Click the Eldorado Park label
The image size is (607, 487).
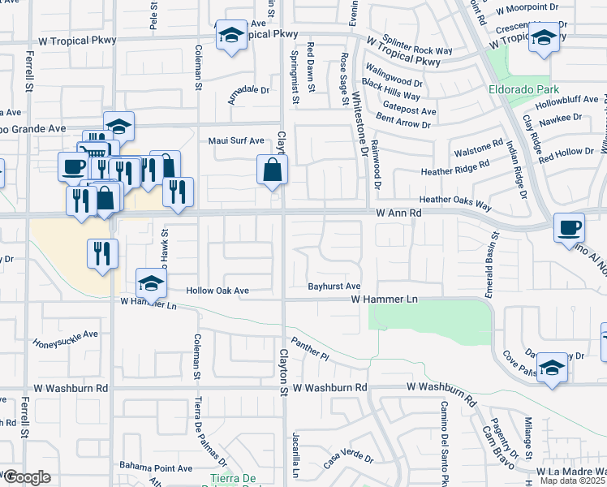coord(522,89)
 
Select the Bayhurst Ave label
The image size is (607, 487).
coord(334,287)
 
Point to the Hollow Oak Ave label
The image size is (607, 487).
coord(217,291)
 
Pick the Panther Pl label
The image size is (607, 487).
coord(311,350)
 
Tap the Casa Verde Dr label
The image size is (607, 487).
coord(347,459)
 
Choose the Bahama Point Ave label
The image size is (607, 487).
coord(156,468)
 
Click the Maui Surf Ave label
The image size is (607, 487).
coord(236,140)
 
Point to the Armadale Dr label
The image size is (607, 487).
coord(248,89)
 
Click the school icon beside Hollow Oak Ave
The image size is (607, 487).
coord(150,283)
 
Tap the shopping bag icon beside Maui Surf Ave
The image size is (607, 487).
coord(272,170)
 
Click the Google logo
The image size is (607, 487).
coord(27,477)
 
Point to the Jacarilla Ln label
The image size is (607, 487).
coord(296,455)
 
